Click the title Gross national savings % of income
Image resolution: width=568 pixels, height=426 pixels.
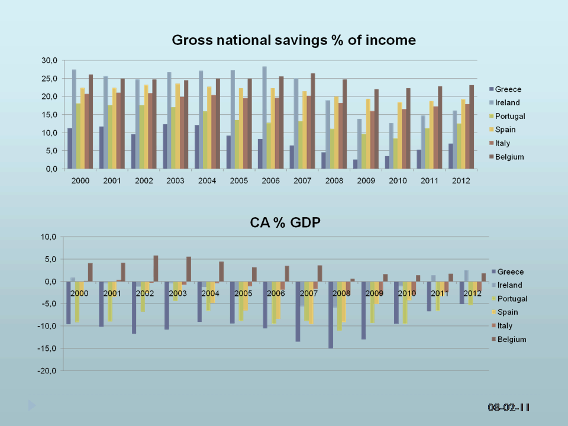pos(293,40)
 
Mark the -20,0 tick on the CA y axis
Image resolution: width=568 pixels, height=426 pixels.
pos(47,370)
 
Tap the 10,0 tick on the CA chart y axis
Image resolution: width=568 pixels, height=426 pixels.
pos(48,237)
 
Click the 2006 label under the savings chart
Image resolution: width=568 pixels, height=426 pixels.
pos(271,180)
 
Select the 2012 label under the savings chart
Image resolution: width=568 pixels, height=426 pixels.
pos(461,180)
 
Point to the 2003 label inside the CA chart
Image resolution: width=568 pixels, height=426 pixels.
pos(177,293)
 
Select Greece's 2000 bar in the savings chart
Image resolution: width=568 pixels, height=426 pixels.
pos(70,148)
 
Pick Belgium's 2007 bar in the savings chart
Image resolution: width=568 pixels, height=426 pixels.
pos(314,121)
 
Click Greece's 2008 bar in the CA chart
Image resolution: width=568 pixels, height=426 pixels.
pos(331,315)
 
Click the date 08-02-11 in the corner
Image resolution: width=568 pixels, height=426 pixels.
pos(508,408)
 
